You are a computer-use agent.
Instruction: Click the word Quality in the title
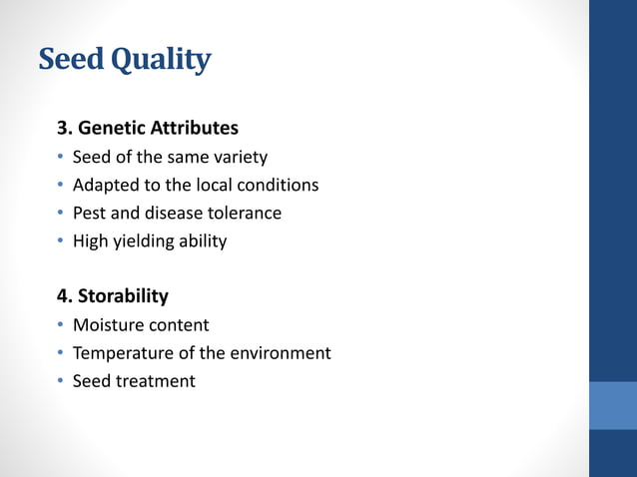159,61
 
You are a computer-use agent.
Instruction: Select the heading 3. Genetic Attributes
148,129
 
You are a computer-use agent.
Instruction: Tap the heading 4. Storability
113,296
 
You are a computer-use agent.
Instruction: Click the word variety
240,158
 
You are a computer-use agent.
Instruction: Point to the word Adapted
105,186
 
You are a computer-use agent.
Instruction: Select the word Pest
90,214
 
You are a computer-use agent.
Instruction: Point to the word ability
203,241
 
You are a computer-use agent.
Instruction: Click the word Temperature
123,353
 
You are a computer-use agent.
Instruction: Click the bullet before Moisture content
60,325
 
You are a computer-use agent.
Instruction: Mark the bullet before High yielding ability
60,241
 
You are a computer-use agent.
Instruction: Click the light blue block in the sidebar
612,405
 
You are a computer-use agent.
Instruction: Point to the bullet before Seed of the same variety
60,158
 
